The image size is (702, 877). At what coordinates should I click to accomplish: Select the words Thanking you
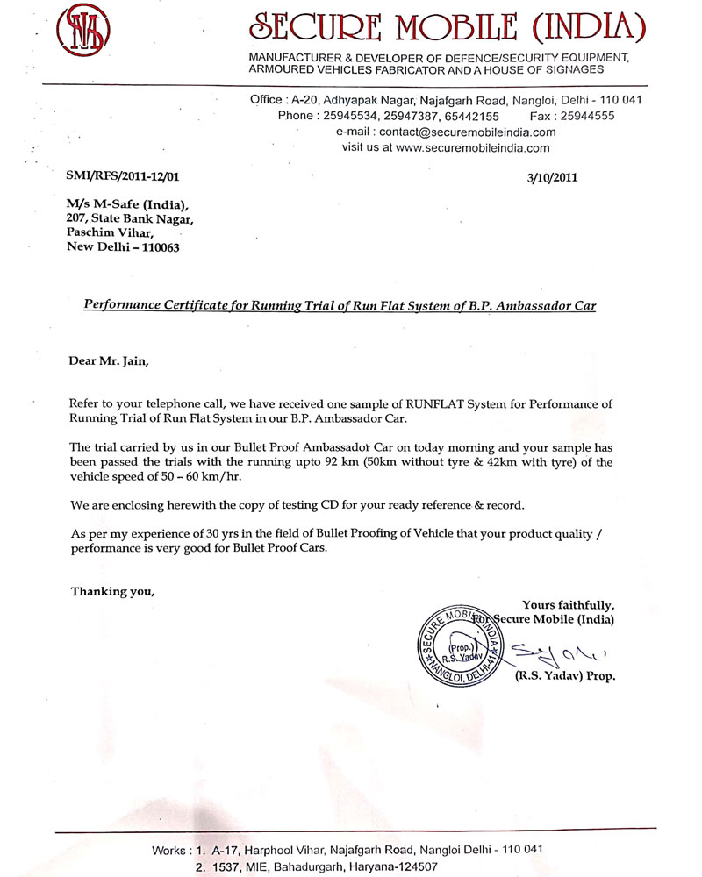coord(112,590)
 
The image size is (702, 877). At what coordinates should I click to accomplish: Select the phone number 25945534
coord(348,115)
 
